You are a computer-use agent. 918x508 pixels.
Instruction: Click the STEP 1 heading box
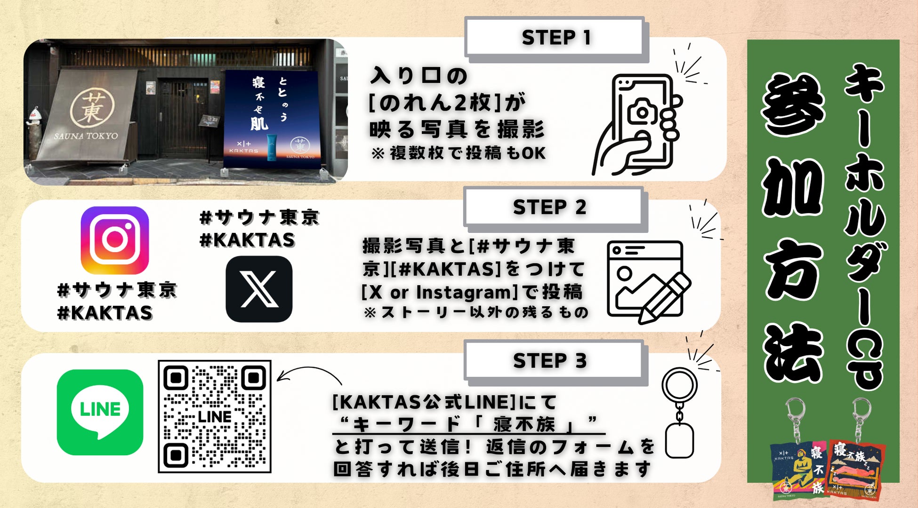pos(554,38)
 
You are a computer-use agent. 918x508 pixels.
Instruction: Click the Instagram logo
pos(115,240)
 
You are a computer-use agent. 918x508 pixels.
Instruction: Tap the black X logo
pos(259,289)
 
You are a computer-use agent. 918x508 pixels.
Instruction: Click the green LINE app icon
pos(100,412)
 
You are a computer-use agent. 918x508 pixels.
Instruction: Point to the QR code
pos(215,416)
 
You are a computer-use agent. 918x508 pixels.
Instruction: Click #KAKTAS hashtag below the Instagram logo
pos(105,313)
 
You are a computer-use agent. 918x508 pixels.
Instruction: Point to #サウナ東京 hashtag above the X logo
pos(259,217)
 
